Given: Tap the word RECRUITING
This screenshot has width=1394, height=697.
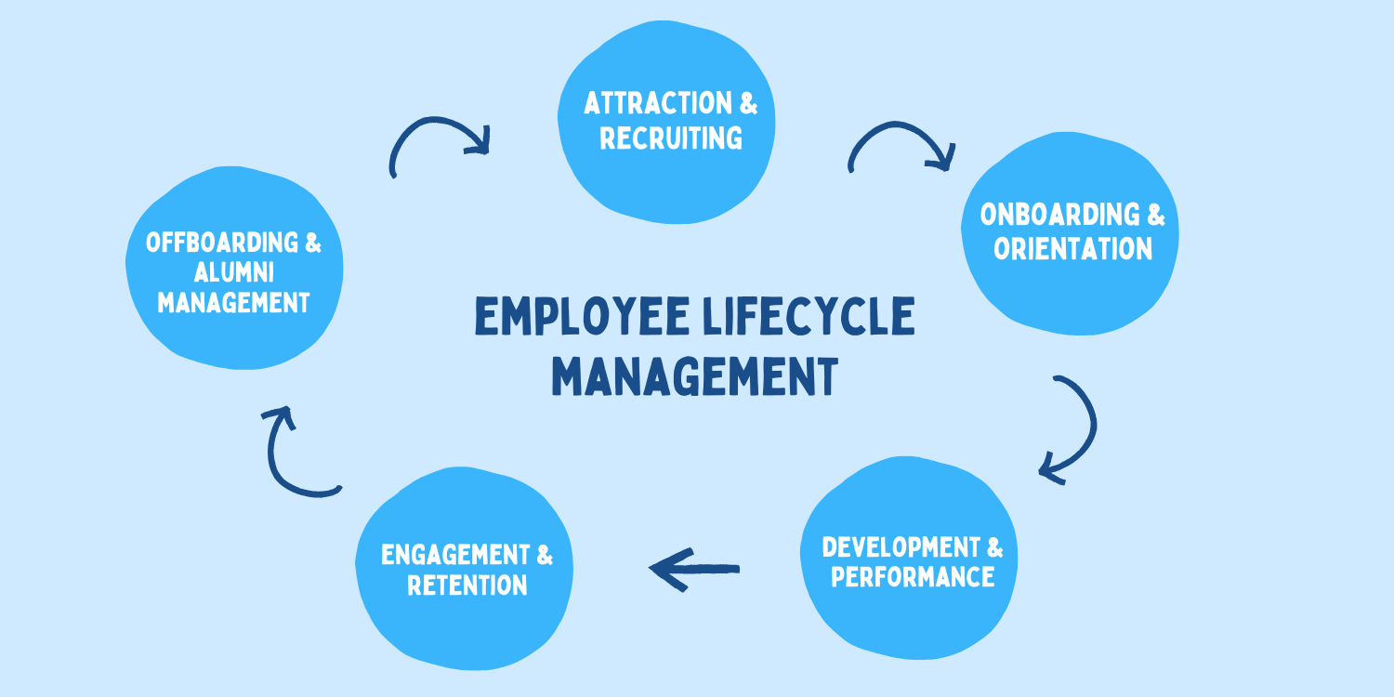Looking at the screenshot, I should [x=671, y=138].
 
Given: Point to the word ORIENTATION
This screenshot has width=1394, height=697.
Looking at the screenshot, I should [x=1073, y=249].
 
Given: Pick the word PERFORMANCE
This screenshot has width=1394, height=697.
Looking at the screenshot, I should [x=913, y=576].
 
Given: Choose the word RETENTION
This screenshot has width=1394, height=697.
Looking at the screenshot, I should [x=467, y=585].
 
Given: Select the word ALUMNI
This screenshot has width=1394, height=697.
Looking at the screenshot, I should [x=233, y=273].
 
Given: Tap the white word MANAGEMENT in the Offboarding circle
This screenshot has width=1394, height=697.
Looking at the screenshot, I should [x=233, y=303].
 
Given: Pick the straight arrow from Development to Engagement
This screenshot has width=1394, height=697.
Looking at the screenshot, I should [x=694, y=568].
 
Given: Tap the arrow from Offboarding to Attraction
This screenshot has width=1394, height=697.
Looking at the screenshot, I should [x=437, y=142].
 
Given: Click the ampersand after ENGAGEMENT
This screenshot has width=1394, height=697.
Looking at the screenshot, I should [x=544, y=555].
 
